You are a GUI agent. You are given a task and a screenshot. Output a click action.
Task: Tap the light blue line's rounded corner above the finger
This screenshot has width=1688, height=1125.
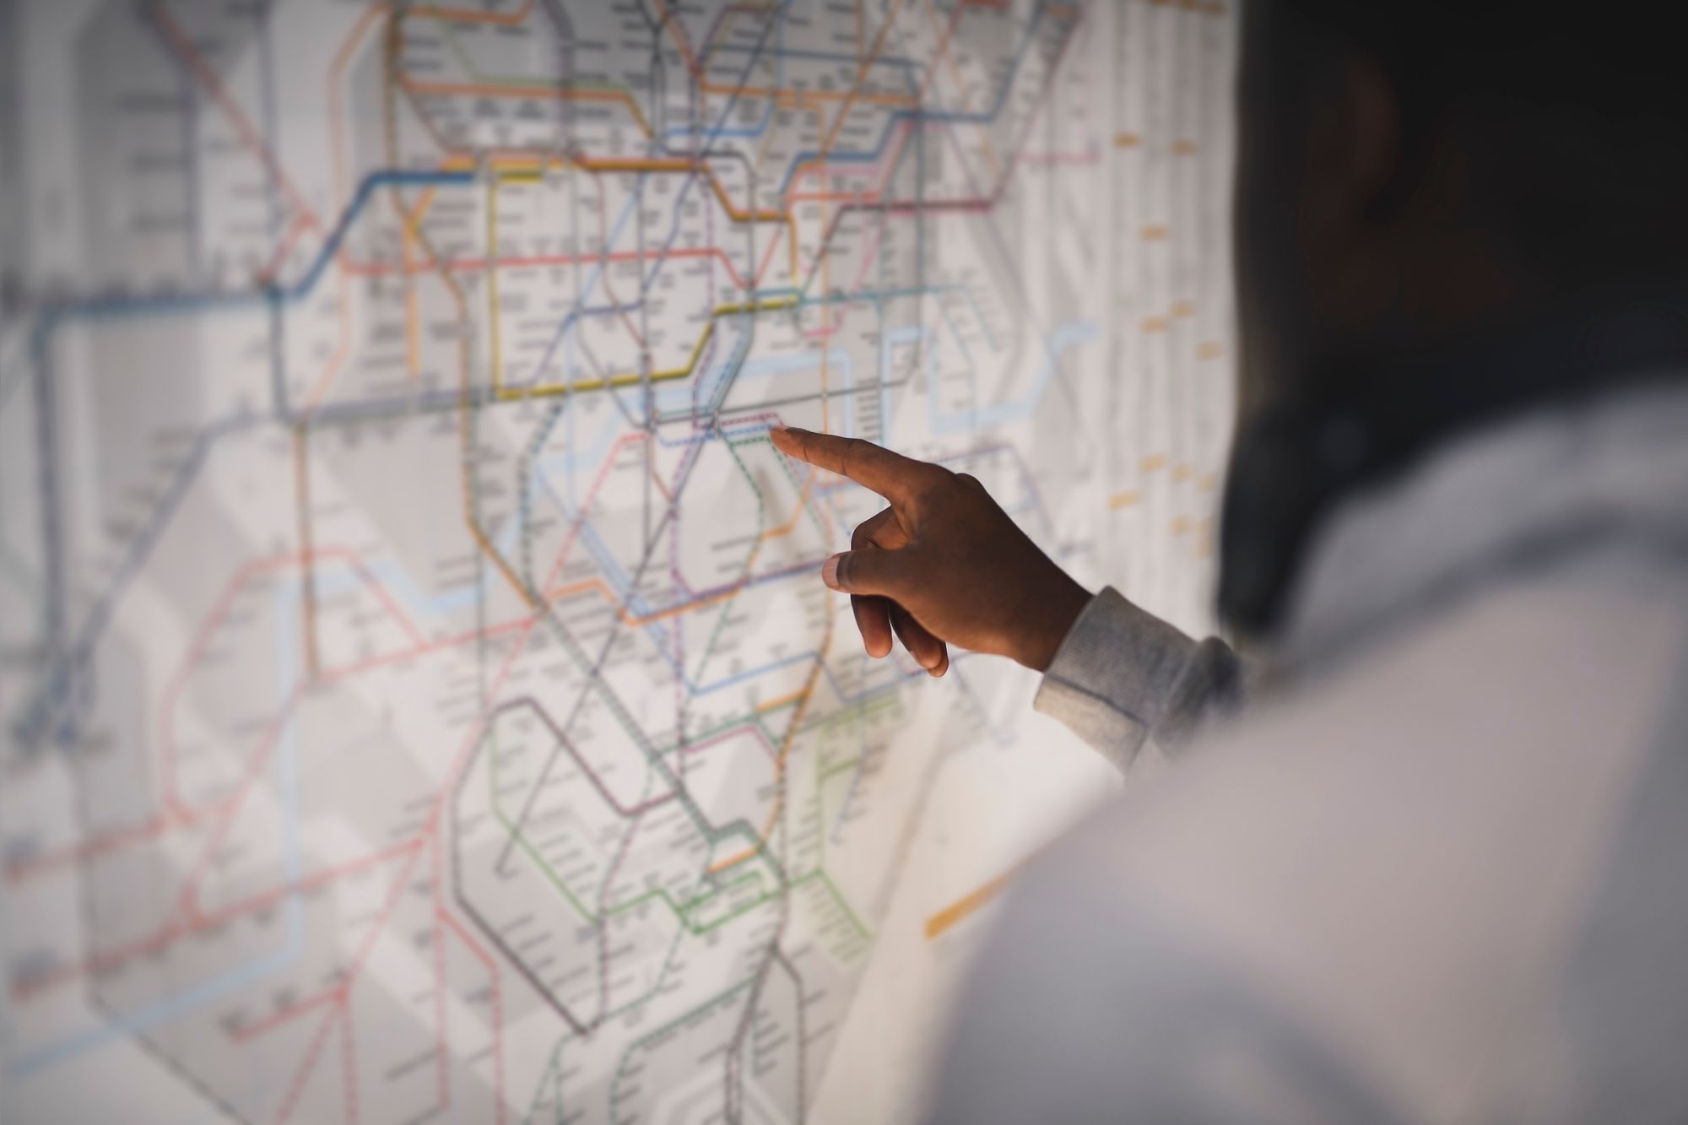point(844,359)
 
